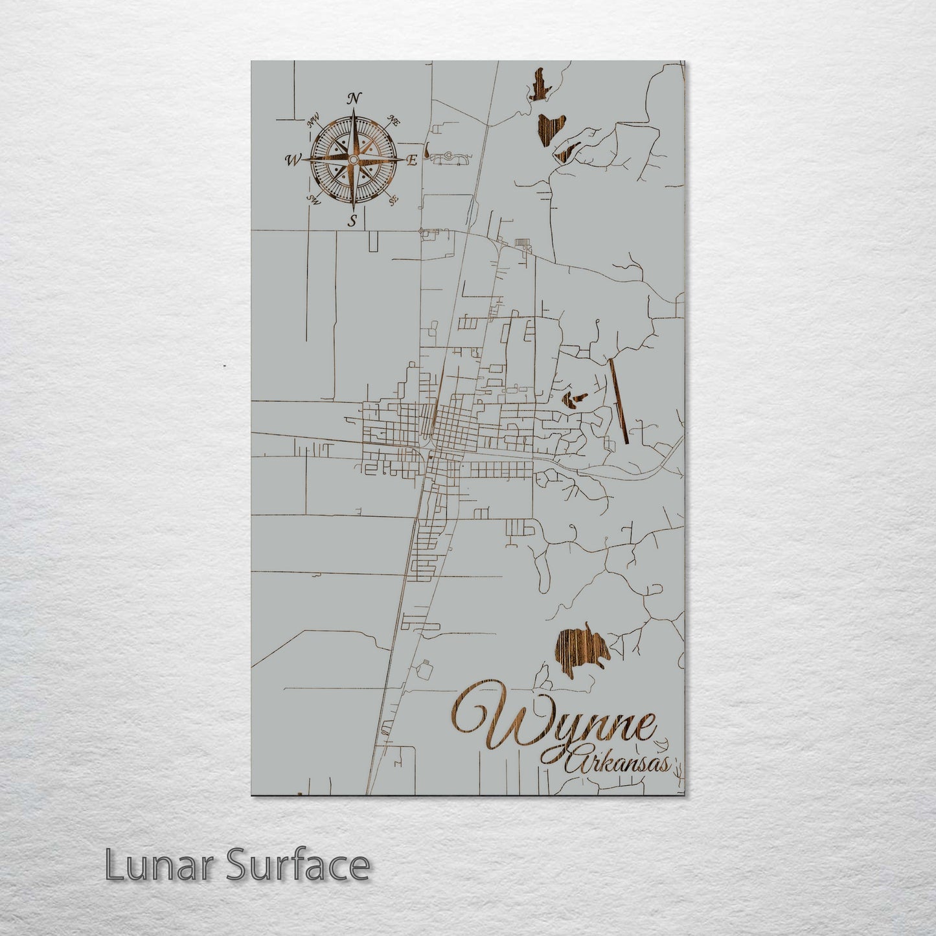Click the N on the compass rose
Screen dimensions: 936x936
pos(354,98)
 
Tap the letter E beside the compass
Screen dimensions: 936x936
pos(411,161)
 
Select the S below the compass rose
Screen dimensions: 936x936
pos(353,220)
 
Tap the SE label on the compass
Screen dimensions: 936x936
pos(393,200)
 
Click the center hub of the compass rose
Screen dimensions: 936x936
pos(353,159)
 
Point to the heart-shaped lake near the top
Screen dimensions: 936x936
pos(551,129)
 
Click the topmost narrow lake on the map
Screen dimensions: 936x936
pos(538,85)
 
